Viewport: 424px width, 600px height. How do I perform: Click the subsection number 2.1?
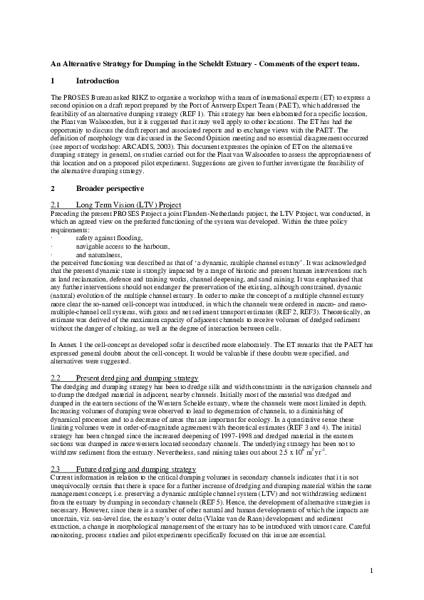[56, 204]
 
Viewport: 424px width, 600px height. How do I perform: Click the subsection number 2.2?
[56, 376]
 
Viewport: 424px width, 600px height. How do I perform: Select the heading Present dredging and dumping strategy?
[137, 376]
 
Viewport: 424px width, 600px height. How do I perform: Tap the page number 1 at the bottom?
[372, 570]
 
